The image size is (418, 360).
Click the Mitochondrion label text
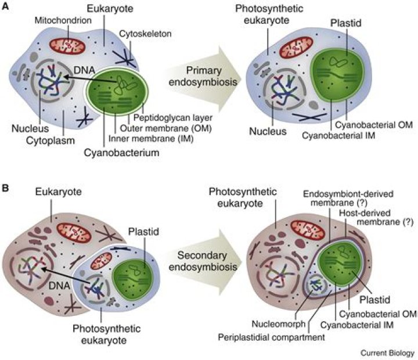pyautogui.click(x=63, y=20)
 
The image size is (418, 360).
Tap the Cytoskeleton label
pyautogui.click(x=145, y=34)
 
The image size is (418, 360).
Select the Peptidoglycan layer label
pyautogui.click(x=173, y=118)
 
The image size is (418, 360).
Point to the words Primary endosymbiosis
pyautogui.click(x=203, y=76)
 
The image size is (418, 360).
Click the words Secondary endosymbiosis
pyautogui.click(x=203, y=261)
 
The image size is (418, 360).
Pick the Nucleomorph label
pyautogui.click(x=279, y=324)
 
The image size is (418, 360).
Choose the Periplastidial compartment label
pyautogui.click(x=271, y=337)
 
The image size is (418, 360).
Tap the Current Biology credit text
pyautogui.click(x=387, y=353)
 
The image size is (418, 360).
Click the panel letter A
pyautogui.click(x=5, y=6)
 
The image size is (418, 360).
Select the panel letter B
pyautogui.click(x=5, y=188)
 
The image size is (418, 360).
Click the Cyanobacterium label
pyautogui.click(x=121, y=153)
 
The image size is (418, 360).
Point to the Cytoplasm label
pyautogui.click(x=51, y=141)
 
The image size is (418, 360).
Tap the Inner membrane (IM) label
pyautogui.click(x=151, y=139)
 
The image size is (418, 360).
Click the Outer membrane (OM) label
pyautogui.click(x=166, y=128)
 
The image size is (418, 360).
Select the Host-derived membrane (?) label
pyautogui.click(x=376, y=217)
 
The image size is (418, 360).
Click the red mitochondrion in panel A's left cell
pyautogui.click(x=67, y=46)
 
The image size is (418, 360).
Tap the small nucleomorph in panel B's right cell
pyautogui.click(x=316, y=286)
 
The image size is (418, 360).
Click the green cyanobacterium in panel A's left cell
pyautogui.click(x=117, y=92)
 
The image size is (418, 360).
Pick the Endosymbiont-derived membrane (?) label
pyautogui.click(x=348, y=198)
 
